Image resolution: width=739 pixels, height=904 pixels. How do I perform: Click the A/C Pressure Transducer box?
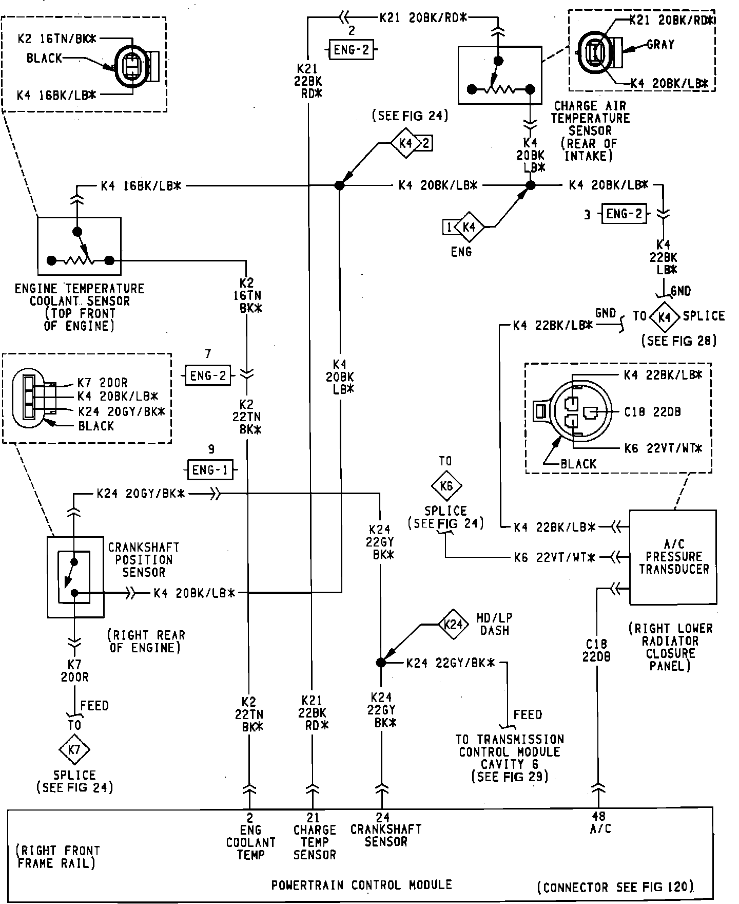point(673,557)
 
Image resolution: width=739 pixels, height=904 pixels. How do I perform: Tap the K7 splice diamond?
point(74,749)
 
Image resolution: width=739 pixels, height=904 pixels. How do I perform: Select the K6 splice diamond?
point(446,485)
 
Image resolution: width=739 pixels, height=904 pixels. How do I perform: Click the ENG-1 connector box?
point(210,469)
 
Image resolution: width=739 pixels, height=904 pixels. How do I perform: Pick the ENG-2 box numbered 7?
point(208,375)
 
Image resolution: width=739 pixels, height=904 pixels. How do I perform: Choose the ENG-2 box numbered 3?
point(624,213)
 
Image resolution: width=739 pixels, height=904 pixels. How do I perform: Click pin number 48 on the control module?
point(598,817)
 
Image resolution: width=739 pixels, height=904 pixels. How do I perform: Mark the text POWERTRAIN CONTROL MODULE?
point(362,885)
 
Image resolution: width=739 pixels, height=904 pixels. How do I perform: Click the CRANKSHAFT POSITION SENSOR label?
point(144,559)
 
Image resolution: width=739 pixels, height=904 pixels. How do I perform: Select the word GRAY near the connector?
point(660,45)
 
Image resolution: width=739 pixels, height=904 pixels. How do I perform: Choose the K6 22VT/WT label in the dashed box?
point(663,448)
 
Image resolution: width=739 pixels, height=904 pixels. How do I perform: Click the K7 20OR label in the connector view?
point(102,383)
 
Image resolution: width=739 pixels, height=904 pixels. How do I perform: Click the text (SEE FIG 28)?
point(678,341)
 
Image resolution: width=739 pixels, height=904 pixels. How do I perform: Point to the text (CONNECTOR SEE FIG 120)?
point(615,887)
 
